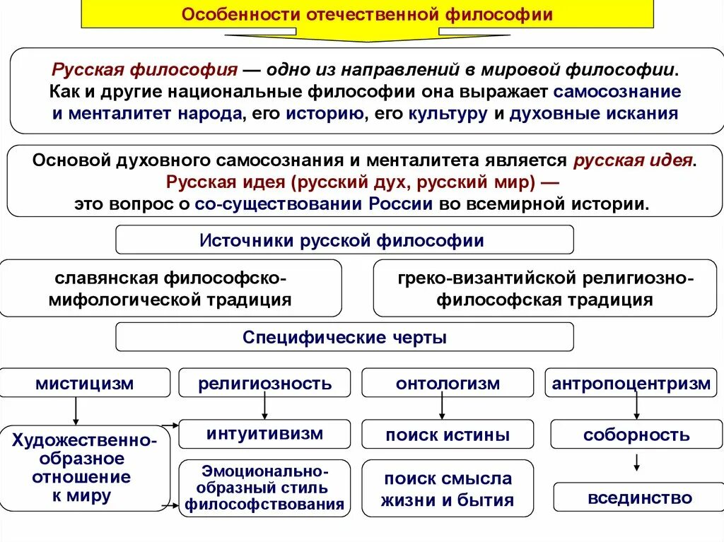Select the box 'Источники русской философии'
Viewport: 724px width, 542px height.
tap(344, 240)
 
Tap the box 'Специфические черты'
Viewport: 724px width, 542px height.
tap(344, 337)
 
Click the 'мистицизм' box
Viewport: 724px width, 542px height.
tap(85, 383)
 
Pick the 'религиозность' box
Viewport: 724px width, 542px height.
tap(264, 383)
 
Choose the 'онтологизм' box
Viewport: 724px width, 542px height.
tap(448, 383)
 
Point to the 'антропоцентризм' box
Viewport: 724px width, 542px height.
tap(631, 383)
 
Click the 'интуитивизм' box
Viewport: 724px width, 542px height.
tap(264, 433)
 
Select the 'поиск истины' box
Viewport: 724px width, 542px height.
tap(448, 435)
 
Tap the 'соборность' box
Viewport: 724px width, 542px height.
tap(636, 435)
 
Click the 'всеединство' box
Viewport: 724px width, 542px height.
tap(640, 497)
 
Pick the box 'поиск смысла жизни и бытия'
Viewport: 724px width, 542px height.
tap(448, 490)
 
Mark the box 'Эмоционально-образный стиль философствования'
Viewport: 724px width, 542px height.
tap(264, 488)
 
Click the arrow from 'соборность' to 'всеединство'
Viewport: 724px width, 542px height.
tap(637, 463)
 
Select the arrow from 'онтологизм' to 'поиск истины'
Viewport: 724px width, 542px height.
tap(442, 407)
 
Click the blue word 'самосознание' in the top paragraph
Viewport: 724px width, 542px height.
tap(617, 91)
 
